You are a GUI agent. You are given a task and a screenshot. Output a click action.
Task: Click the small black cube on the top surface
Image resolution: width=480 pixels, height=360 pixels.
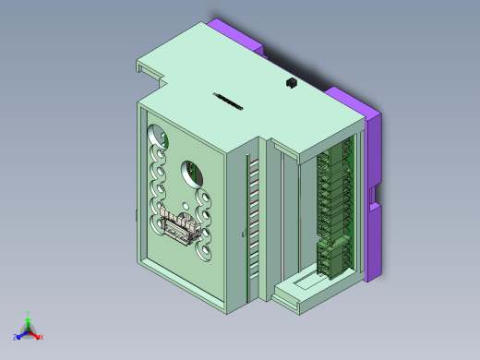290,83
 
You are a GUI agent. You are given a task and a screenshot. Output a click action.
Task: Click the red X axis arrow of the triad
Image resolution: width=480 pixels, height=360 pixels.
40,338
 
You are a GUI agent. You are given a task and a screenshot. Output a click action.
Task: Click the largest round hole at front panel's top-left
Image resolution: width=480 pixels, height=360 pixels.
158,136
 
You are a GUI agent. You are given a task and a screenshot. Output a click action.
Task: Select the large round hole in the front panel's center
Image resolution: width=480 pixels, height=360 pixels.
193,172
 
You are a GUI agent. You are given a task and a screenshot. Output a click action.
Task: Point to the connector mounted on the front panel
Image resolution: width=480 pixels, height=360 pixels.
180,227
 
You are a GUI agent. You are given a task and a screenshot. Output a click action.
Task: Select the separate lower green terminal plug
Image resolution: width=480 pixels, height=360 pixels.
332,256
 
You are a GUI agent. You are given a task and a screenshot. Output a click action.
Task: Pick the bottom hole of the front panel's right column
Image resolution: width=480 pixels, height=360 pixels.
206,250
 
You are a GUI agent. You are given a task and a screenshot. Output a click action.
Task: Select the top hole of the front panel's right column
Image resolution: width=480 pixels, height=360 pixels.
204,198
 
